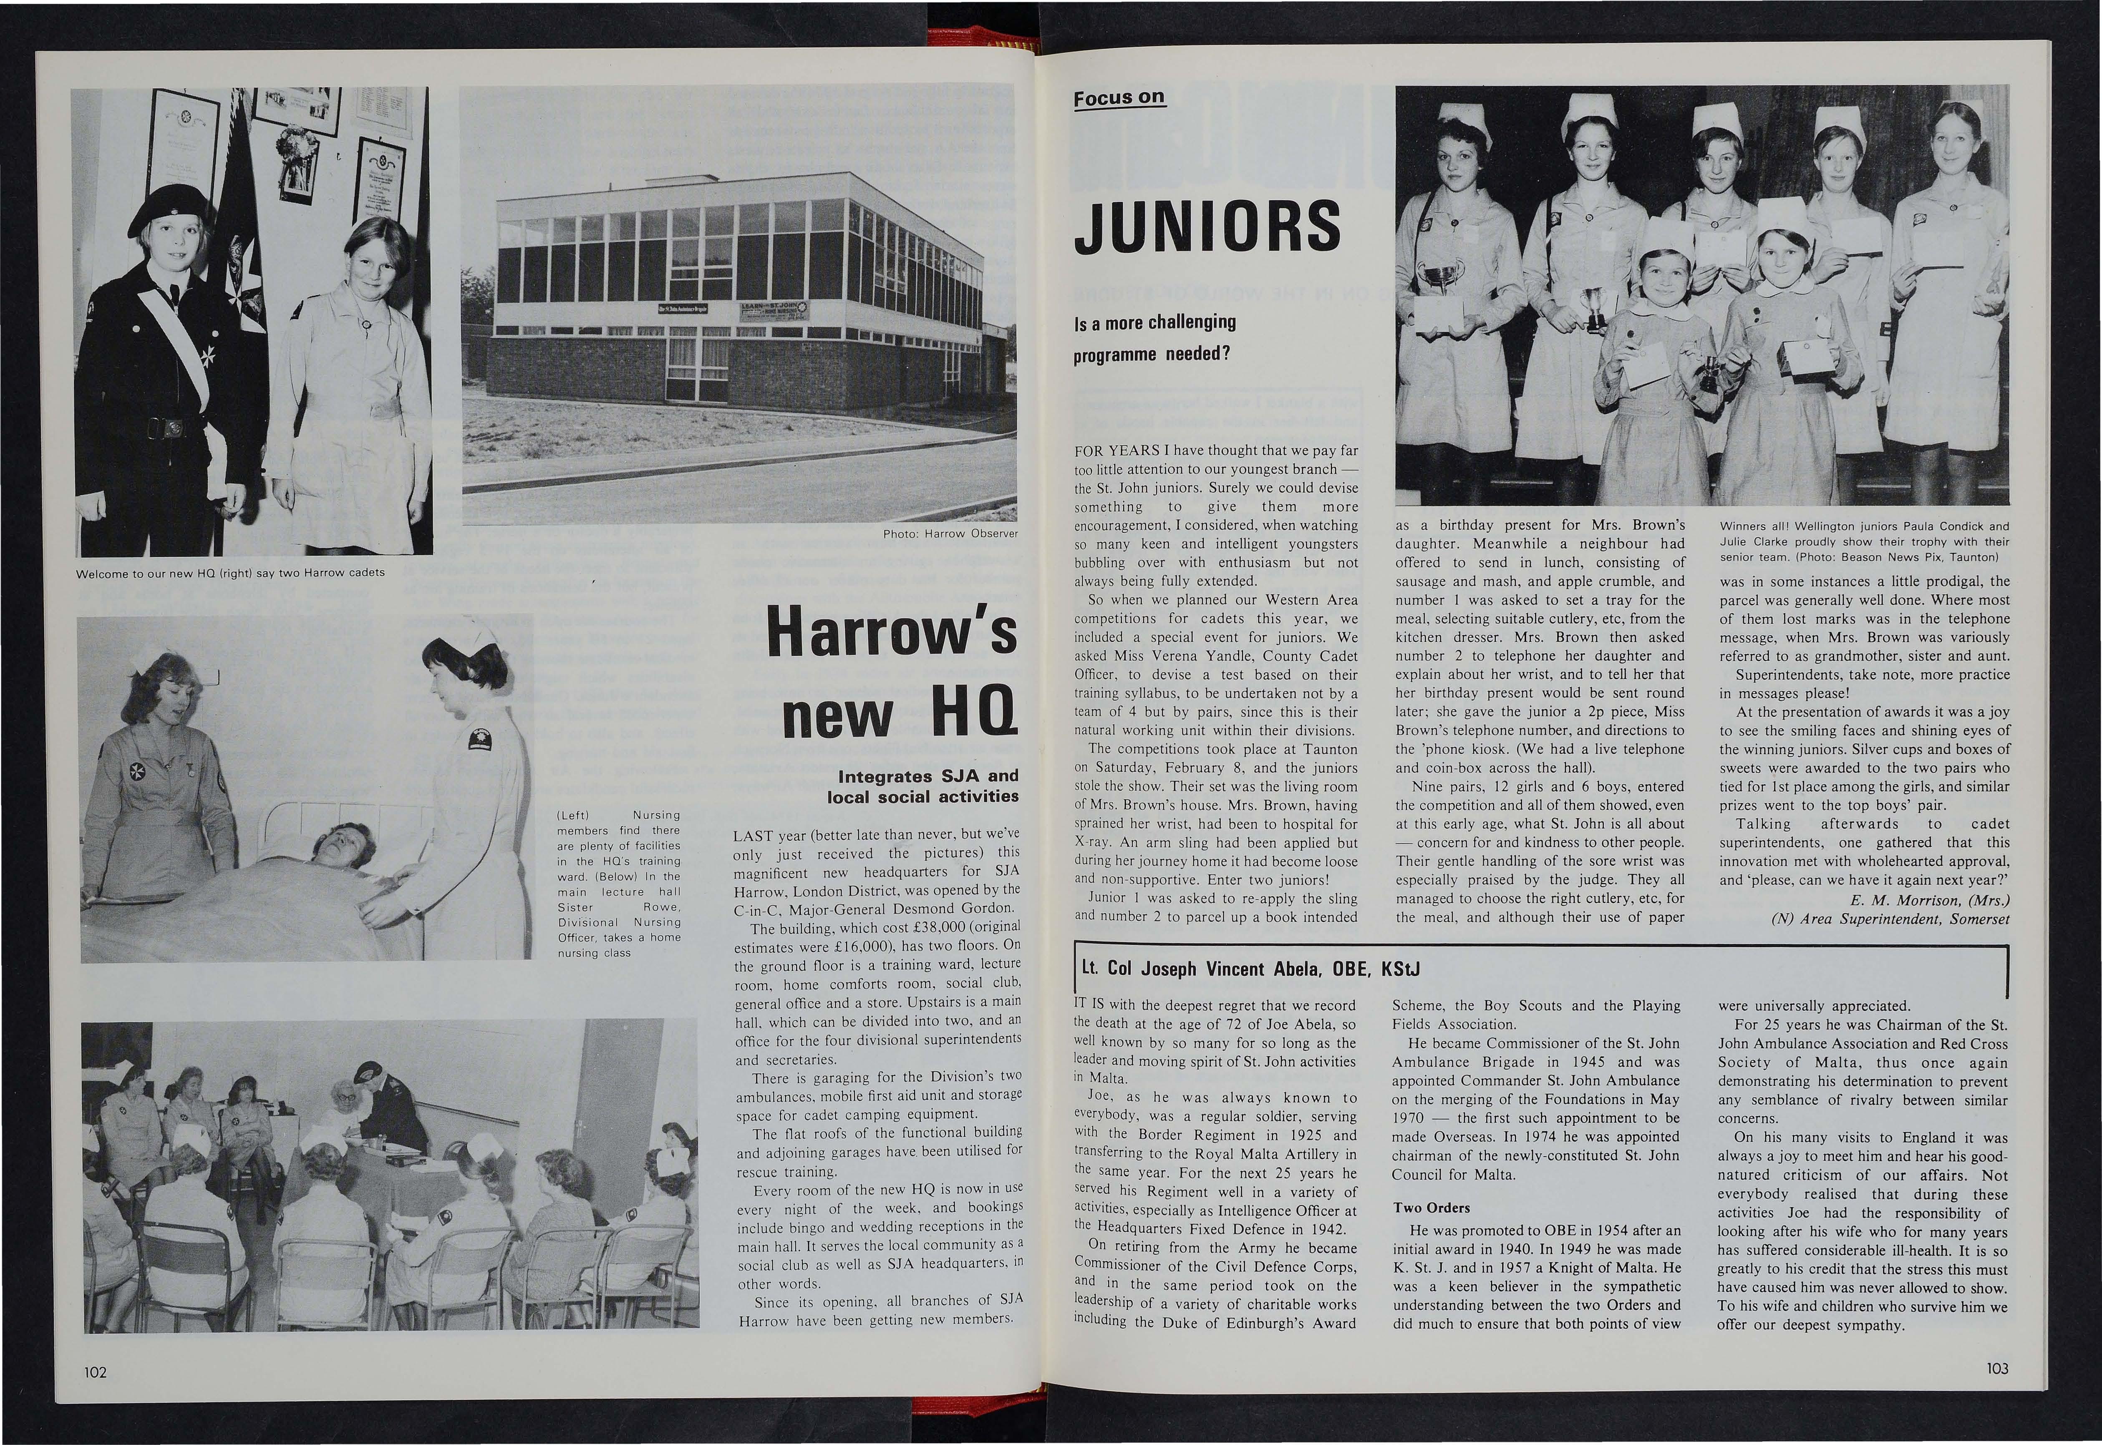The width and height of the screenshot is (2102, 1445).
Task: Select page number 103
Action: click(x=1997, y=1369)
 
